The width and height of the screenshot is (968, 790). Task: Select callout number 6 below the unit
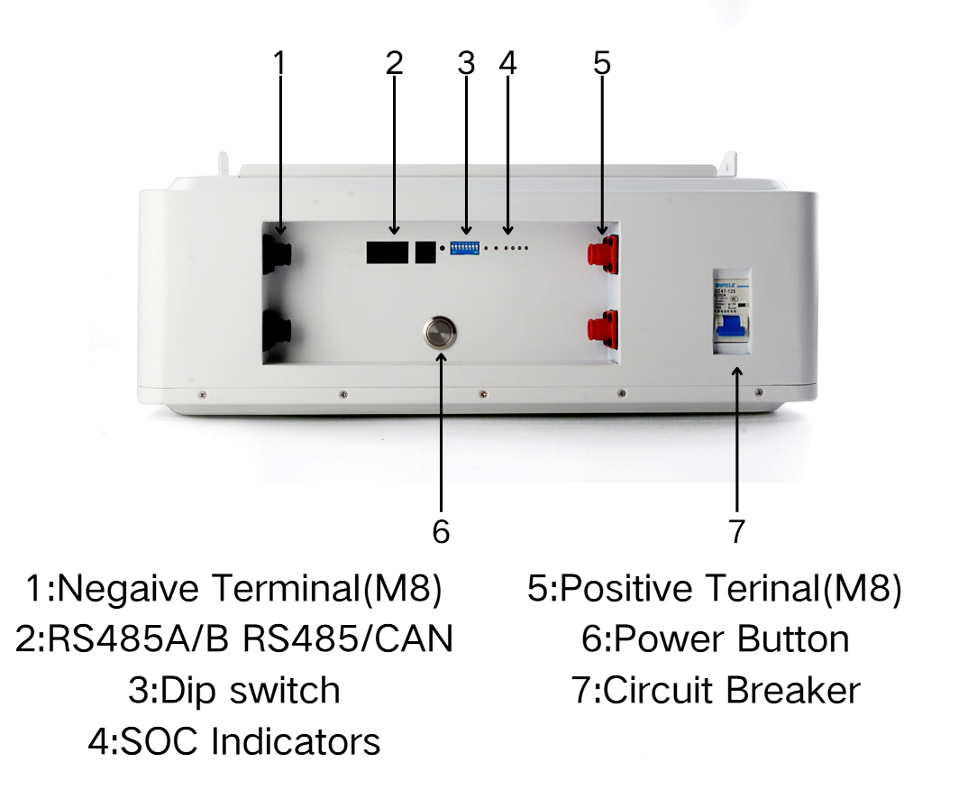pos(441,532)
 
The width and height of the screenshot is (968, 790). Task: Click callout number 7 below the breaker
pos(737,532)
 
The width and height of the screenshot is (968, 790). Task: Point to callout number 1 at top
pos(279,63)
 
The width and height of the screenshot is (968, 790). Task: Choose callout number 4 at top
pos(507,63)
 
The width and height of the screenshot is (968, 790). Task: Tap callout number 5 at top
pos(602,63)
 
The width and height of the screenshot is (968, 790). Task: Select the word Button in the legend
pos(793,639)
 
